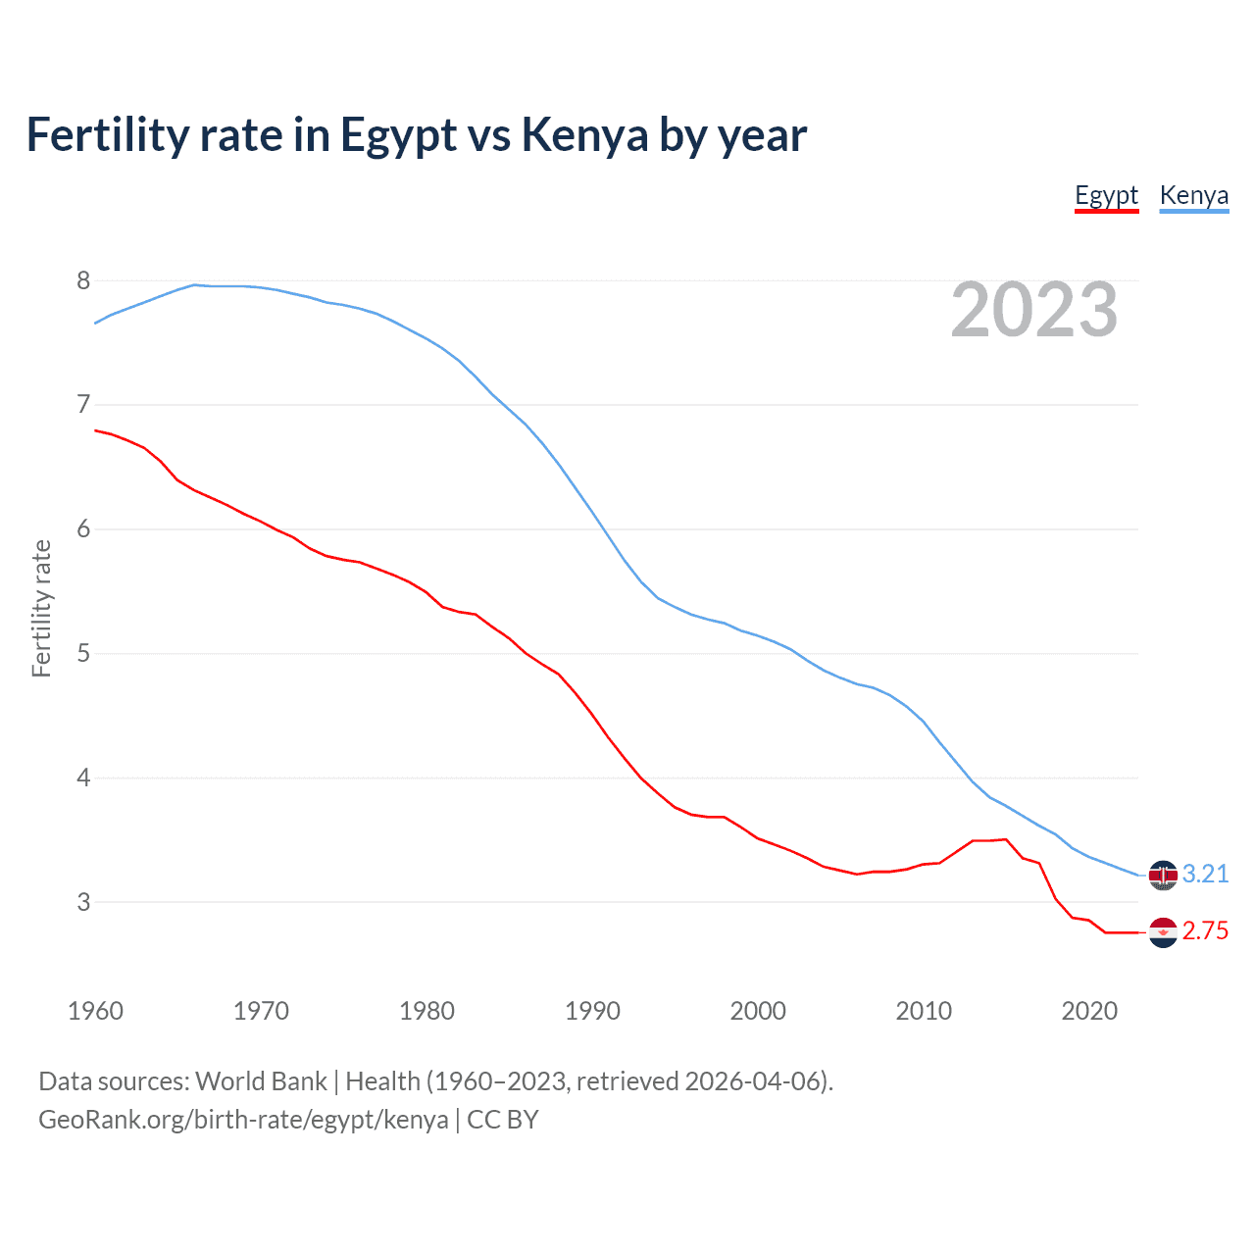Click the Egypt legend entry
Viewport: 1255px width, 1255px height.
(1106, 196)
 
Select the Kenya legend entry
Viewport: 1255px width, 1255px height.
(1193, 196)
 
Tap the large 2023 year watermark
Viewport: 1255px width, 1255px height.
(1034, 310)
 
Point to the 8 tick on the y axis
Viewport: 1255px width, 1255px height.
(83, 281)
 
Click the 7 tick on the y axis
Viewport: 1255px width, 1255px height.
(83, 405)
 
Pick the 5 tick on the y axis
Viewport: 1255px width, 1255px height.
(83, 653)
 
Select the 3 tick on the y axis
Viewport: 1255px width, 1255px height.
(83, 902)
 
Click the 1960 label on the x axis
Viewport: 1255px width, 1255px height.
(95, 1011)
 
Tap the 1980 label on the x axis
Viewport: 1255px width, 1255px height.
(427, 1011)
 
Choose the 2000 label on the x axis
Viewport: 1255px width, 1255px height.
(758, 1011)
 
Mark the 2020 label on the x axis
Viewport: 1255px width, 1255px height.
(1089, 1011)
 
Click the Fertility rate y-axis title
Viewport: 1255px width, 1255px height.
(41, 608)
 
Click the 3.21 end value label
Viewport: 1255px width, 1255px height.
(1205, 874)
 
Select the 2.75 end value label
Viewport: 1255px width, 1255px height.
(1205, 931)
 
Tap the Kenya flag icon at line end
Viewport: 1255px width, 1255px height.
(1163, 875)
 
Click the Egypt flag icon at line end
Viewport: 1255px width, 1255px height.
(1163, 932)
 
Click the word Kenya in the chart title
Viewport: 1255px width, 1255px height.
(584, 135)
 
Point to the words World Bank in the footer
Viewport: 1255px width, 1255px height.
(261, 1081)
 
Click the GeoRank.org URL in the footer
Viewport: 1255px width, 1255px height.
(243, 1120)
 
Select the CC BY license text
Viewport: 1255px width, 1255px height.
(503, 1120)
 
